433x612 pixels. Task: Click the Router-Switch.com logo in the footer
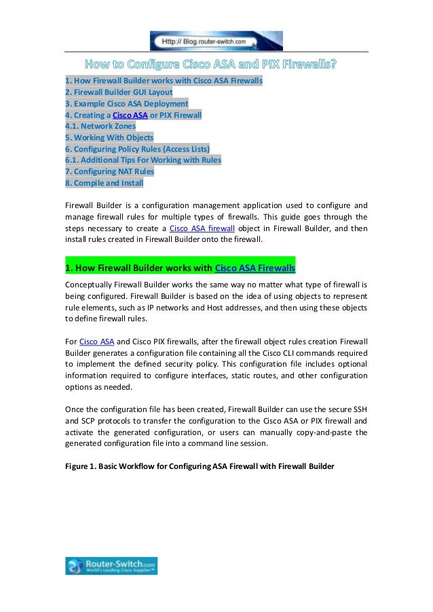point(111,566)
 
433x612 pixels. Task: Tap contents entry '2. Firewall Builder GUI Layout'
point(119,91)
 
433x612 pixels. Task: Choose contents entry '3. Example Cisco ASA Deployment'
point(126,103)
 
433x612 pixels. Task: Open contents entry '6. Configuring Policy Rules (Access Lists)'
point(137,149)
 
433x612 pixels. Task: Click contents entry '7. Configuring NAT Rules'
point(109,171)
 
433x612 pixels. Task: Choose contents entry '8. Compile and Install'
point(104,183)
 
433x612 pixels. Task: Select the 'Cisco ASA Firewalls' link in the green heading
point(255,266)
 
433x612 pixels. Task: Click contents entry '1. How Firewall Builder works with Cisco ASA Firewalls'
point(164,81)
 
